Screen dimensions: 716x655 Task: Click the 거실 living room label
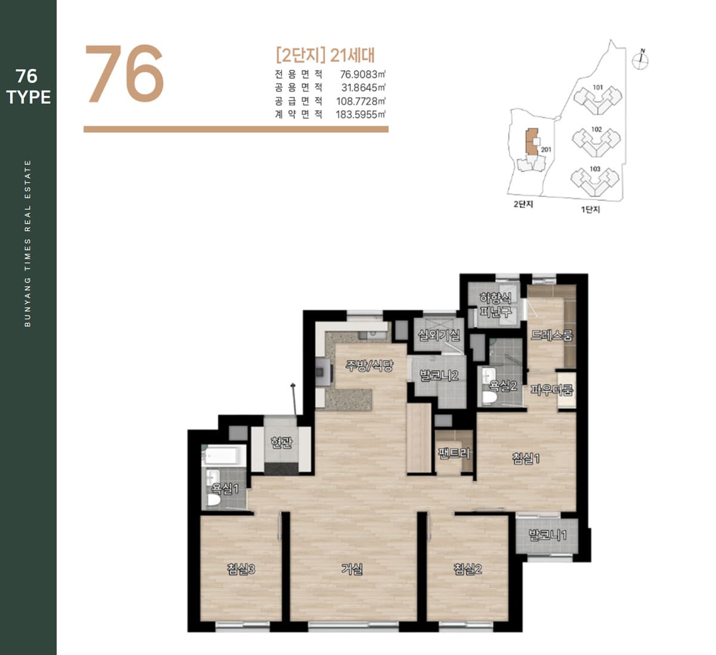tap(352, 569)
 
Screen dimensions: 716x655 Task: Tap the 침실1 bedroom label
tap(526, 458)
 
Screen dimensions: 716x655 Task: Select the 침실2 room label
tap(468, 569)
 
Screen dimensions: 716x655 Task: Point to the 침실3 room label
tap(241, 569)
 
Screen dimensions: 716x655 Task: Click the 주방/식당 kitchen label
tap(369, 365)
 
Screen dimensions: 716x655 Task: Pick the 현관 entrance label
tap(282, 442)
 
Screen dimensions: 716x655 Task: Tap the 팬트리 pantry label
tap(454, 453)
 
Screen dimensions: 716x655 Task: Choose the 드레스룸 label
tap(552, 335)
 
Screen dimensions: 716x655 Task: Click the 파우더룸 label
tap(552, 390)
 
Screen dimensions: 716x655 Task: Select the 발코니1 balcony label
tap(548, 535)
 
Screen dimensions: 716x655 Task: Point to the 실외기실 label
tap(439, 335)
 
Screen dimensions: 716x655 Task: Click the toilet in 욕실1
tap(214, 499)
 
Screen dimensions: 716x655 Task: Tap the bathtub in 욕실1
tap(223, 455)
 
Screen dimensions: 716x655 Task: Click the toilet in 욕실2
tap(489, 398)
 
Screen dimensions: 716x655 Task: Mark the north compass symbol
tap(640, 60)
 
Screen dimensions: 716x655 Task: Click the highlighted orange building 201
tap(532, 142)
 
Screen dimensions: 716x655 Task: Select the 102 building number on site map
tap(597, 129)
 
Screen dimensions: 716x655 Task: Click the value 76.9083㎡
tap(363, 74)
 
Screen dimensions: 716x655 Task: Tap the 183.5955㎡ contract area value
tap(360, 114)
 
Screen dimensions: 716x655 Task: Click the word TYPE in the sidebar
tap(29, 97)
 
